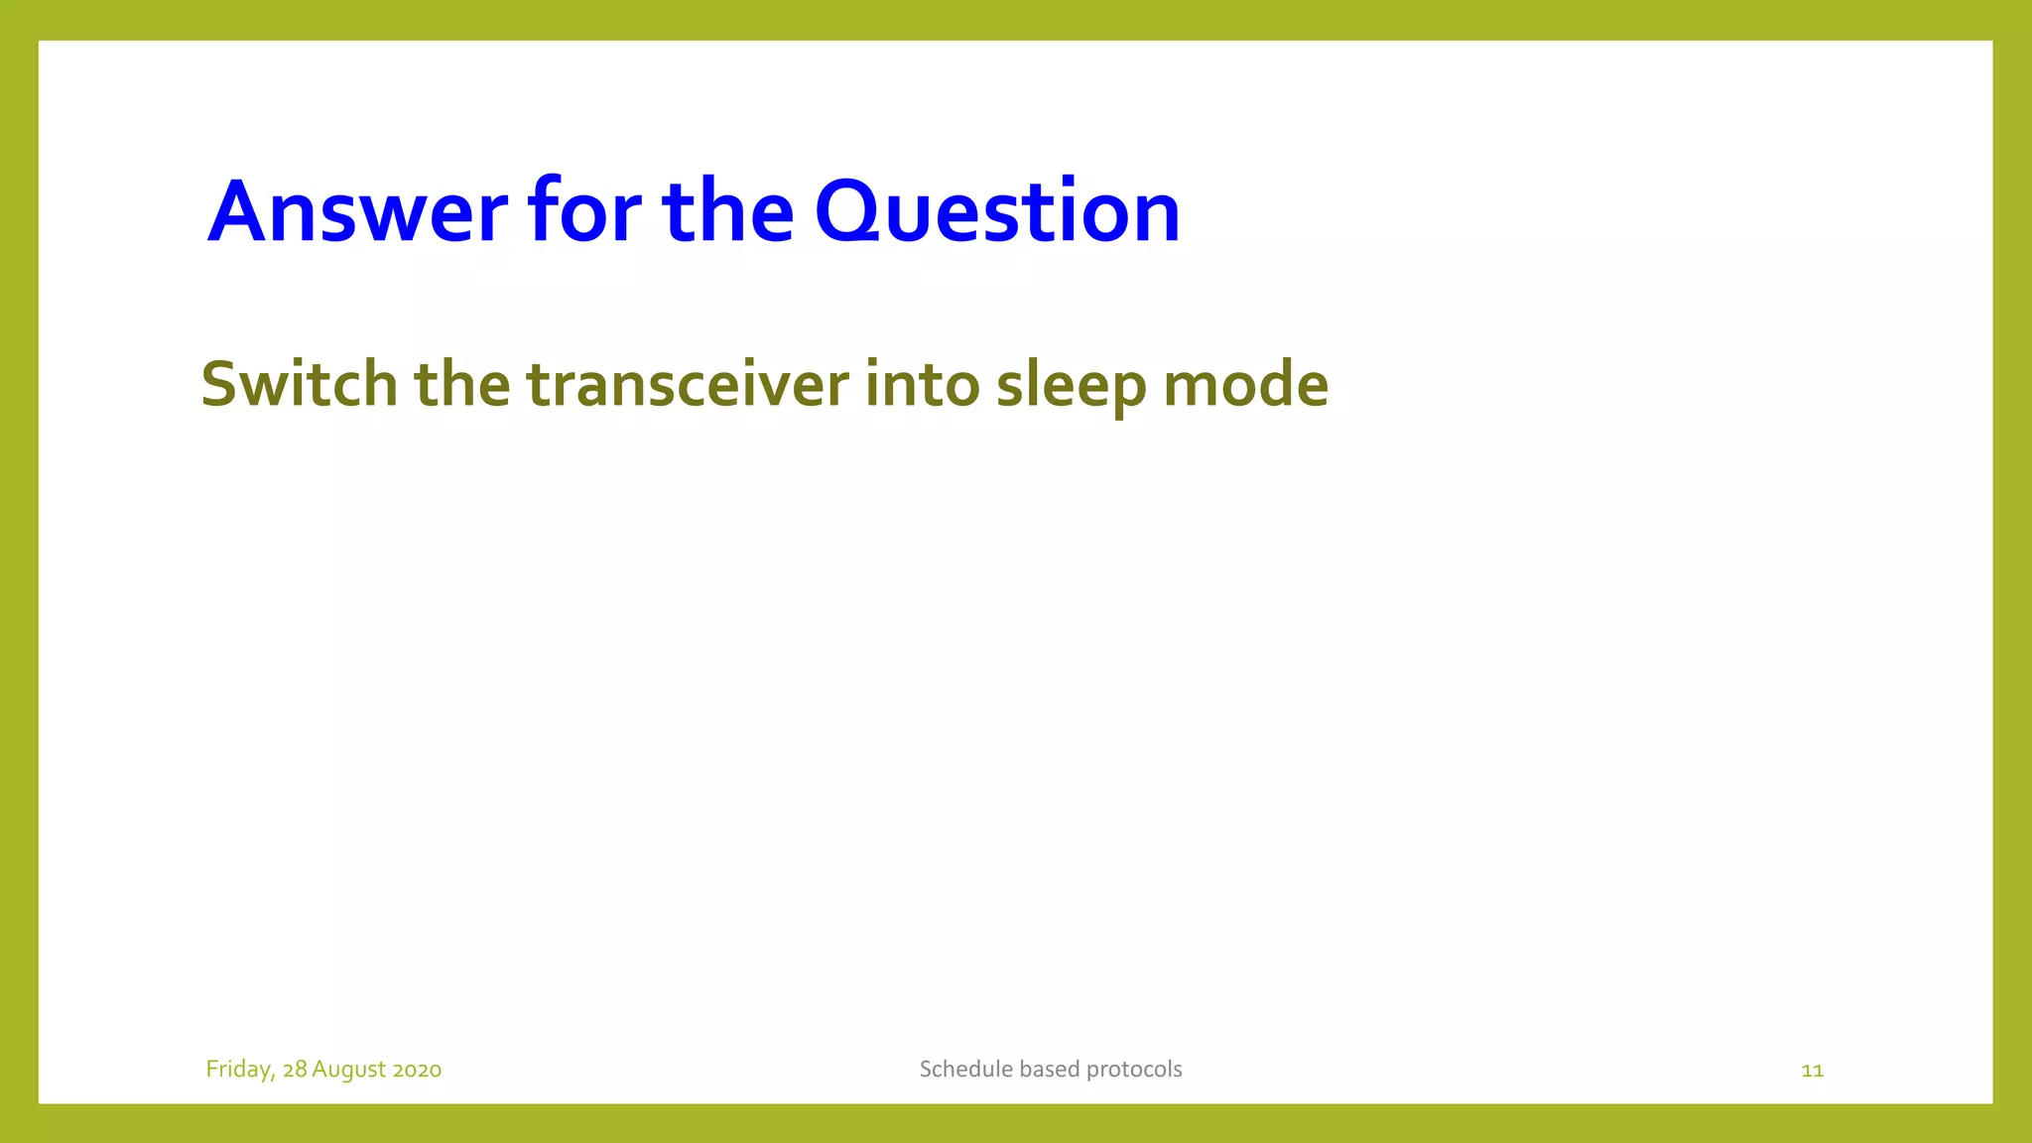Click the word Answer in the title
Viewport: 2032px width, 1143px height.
pyautogui.click(x=357, y=211)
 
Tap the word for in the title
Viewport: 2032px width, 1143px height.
pyautogui.click(x=584, y=211)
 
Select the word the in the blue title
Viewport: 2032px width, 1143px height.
pyautogui.click(x=727, y=211)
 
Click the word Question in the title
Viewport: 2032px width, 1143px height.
pyautogui.click(x=997, y=211)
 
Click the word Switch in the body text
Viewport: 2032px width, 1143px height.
pyautogui.click(x=299, y=384)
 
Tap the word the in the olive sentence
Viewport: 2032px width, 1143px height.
pyautogui.click(x=461, y=384)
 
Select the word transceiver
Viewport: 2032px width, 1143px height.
pyautogui.click(x=688, y=384)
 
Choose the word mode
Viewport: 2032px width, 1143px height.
pyautogui.click(x=1245, y=384)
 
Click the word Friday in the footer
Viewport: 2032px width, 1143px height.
pyautogui.click(x=239, y=1070)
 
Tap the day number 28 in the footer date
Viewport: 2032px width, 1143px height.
pyautogui.click(x=295, y=1070)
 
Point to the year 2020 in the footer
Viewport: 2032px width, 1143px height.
pyautogui.click(x=417, y=1070)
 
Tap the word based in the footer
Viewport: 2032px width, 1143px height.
pyautogui.click(x=1049, y=1069)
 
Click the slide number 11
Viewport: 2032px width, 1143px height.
pyautogui.click(x=1812, y=1071)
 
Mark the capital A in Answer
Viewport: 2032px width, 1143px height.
pyautogui.click(x=237, y=211)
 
